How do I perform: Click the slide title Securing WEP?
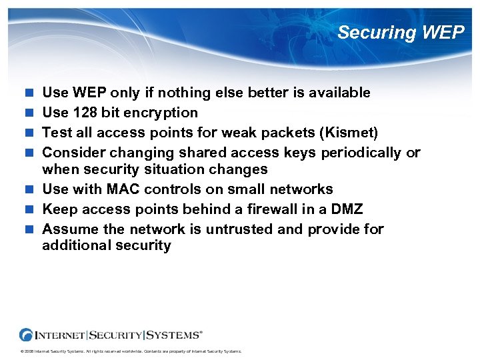pyautogui.click(x=400, y=33)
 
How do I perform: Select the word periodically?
pyautogui.click(x=362, y=153)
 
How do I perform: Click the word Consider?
pyautogui.click(x=73, y=153)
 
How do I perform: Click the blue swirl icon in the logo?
pyautogui.click(x=27, y=335)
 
